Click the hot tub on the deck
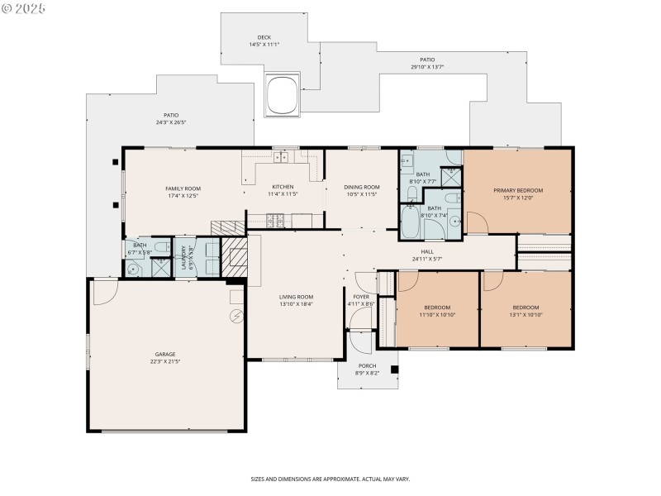(282, 93)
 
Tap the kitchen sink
(281, 156)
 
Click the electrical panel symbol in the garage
(237, 315)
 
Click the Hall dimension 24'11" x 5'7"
(427, 259)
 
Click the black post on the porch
(394, 370)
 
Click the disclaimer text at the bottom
(330, 479)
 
